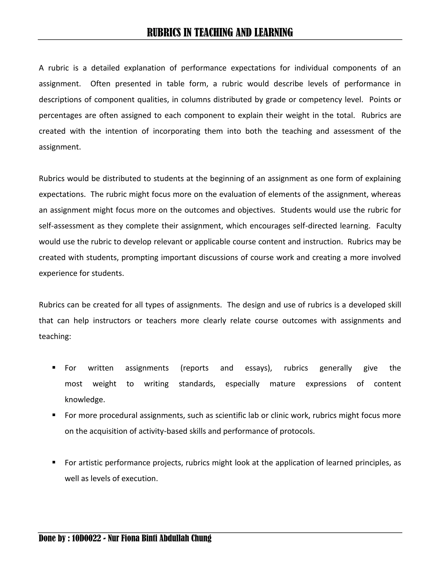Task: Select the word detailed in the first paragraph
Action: pyautogui.click(x=105, y=68)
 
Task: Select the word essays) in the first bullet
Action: pyautogui.click(x=258, y=368)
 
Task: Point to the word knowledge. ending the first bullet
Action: pyautogui.click(x=85, y=400)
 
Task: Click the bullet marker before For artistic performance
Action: pyautogui.click(x=54, y=463)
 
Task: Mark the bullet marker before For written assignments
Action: pyautogui.click(x=54, y=368)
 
